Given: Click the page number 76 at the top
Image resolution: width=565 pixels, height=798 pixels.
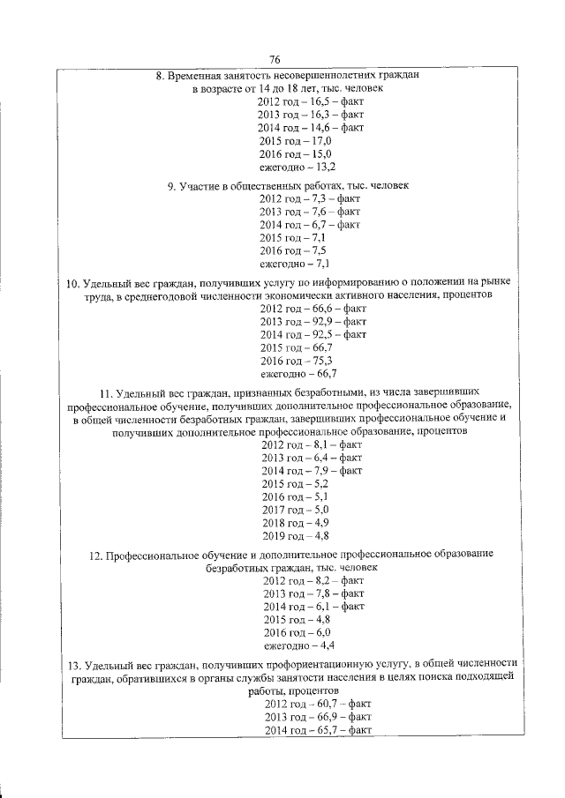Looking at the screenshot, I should (x=275, y=59).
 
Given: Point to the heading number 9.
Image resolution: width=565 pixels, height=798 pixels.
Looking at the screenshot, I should (x=170, y=186).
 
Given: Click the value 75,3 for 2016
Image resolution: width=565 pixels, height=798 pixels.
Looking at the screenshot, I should (x=313, y=361).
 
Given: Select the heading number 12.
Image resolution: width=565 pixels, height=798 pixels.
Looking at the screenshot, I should (x=95, y=555).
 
